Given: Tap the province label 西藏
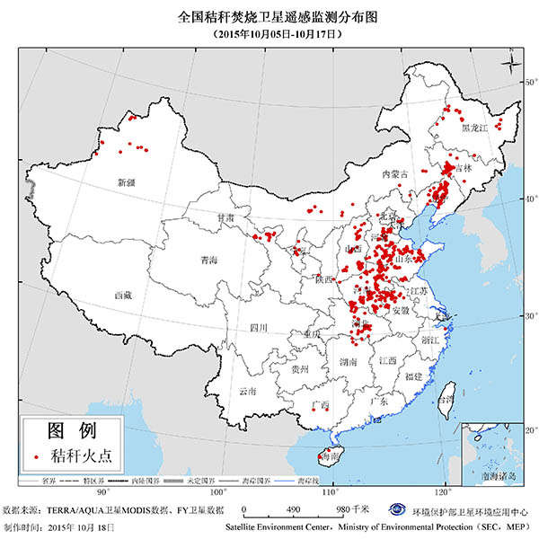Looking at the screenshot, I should pos(123,294).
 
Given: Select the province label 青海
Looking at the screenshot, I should pos(209,261).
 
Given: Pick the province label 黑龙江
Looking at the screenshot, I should pos(473,128).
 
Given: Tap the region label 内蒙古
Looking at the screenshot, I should pos(395,173).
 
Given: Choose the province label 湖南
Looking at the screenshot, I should pos(349,361).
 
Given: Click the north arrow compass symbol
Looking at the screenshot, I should pos(510,63).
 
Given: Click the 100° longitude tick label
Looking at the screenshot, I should pos(217,492).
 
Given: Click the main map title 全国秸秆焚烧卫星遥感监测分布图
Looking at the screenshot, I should pos(269,16).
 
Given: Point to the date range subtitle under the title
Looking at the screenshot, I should pos(269,33).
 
